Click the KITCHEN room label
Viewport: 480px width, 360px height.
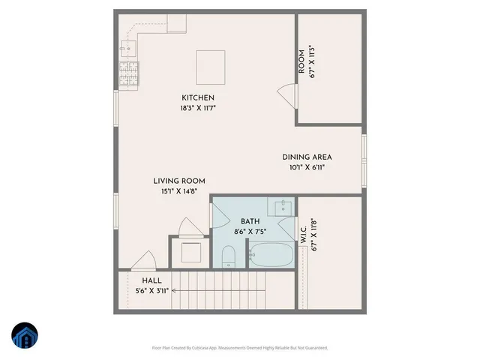[x=198, y=98]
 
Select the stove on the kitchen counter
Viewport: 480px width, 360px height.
[x=126, y=73]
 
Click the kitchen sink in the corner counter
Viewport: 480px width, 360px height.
[x=127, y=46]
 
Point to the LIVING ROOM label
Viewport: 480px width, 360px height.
[x=179, y=181]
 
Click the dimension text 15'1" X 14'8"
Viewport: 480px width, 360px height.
[x=179, y=191]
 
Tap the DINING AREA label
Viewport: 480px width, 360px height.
[x=307, y=157]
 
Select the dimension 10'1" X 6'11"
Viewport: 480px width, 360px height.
[x=307, y=167]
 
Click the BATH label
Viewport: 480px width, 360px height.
[x=250, y=221]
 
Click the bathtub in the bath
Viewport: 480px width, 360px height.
[x=271, y=256]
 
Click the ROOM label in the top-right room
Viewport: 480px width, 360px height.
[x=301, y=62]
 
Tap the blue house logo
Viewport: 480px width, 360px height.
[x=24, y=336]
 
